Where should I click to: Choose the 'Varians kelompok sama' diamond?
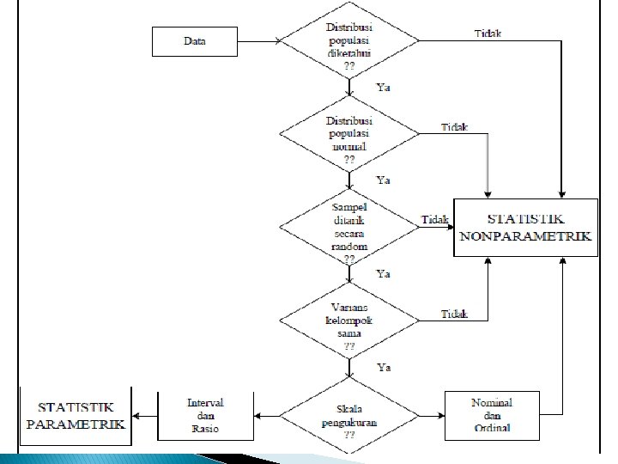350,321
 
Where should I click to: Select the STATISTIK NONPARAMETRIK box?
525,228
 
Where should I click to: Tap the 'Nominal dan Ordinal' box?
492,413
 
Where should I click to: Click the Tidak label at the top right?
488,34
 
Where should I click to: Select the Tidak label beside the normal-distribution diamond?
454,127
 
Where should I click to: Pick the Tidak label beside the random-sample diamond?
435,220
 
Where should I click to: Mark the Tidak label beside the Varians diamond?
454,314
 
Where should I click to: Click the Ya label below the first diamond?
384,87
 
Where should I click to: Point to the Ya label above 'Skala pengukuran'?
384,368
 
